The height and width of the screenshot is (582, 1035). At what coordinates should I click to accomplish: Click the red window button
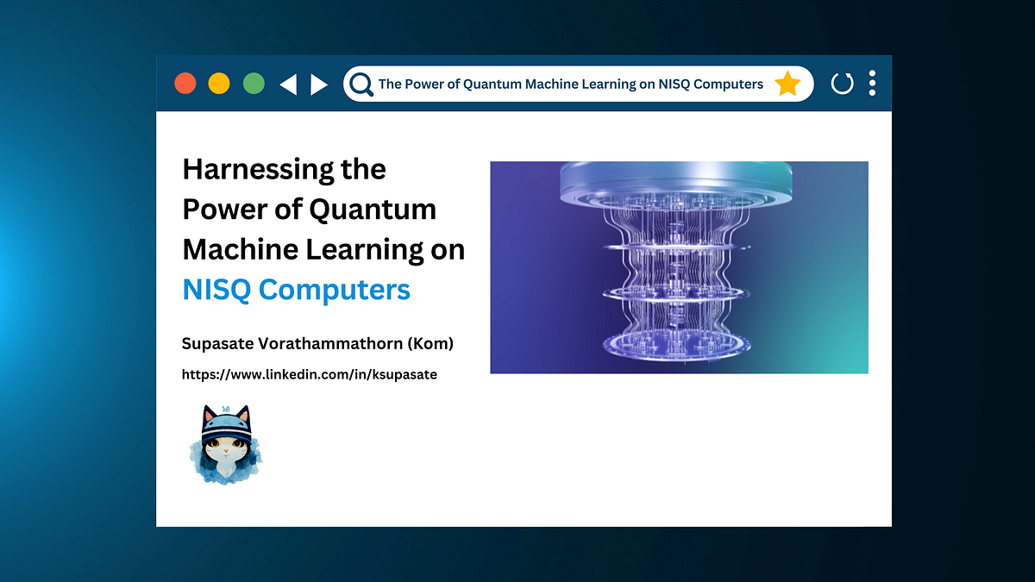click(x=185, y=84)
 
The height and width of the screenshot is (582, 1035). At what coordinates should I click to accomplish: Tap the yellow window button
click(x=219, y=84)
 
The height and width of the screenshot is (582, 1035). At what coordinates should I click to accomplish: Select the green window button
click(x=254, y=84)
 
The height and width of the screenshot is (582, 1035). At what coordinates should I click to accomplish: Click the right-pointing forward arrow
click(x=319, y=84)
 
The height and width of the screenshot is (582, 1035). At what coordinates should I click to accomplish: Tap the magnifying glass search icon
click(x=361, y=84)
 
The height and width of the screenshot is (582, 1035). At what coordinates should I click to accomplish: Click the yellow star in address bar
click(x=787, y=84)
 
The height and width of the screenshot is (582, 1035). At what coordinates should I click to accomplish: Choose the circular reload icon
click(x=842, y=84)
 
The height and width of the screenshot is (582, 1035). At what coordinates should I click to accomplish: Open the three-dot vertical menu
click(x=872, y=84)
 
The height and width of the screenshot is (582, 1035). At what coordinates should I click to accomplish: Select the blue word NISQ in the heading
click(x=216, y=290)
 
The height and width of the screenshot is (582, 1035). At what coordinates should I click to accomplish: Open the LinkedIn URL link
click(x=309, y=375)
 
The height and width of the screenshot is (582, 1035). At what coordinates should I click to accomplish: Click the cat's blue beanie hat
click(x=226, y=424)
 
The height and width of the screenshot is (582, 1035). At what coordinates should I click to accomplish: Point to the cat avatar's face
click(x=225, y=449)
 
